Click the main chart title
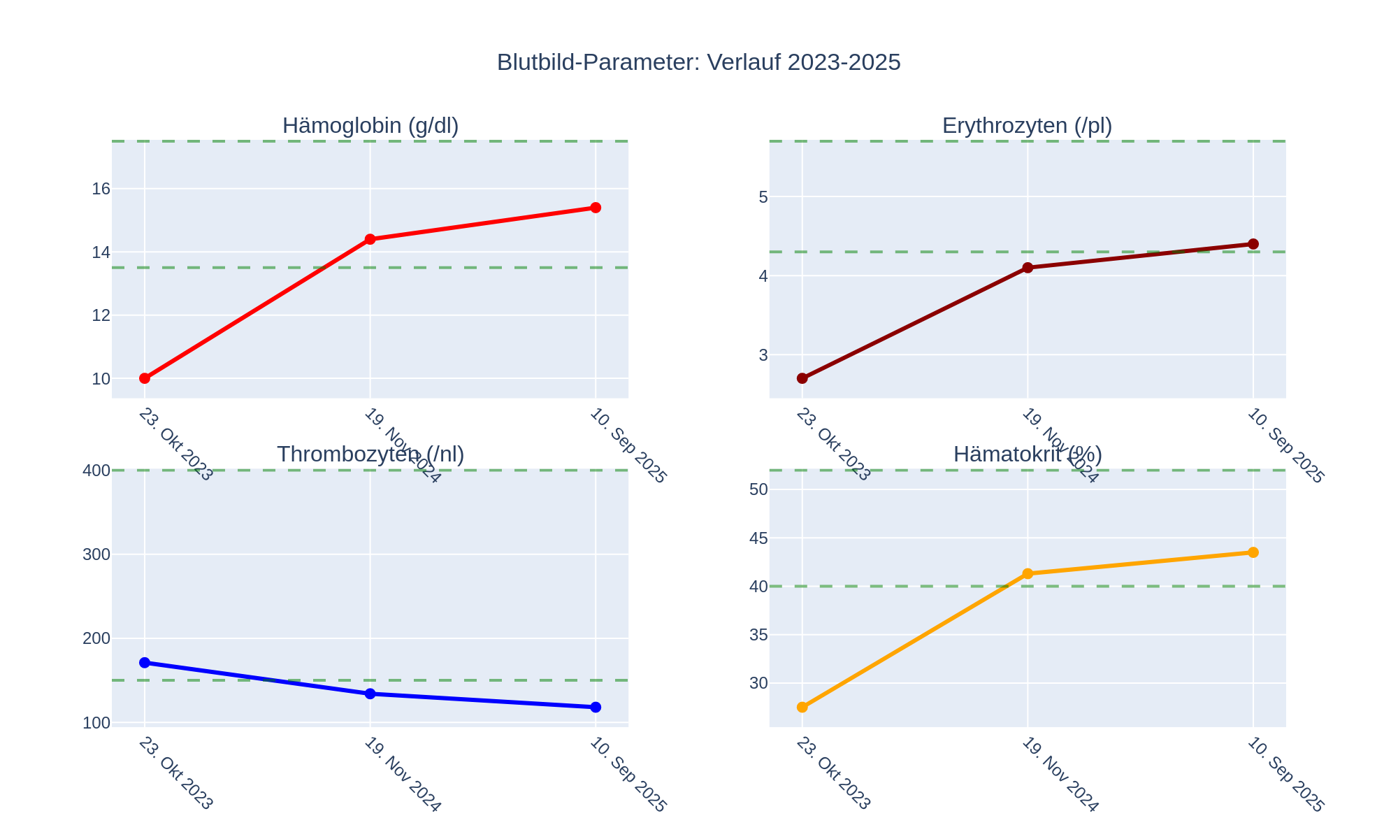(698, 63)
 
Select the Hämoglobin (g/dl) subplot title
(370, 126)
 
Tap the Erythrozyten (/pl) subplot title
(1027, 126)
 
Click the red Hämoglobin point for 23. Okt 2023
(145, 378)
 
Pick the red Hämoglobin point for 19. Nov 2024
(370, 239)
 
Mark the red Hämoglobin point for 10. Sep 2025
(596, 208)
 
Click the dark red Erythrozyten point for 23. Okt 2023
(802, 378)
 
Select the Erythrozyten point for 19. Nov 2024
(1028, 268)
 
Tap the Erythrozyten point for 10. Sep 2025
(1253, 244)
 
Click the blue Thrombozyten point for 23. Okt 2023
(145, 663)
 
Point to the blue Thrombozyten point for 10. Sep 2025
(596, 708)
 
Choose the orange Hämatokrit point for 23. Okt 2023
(802, 708)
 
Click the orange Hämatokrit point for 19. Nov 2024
(1028, 574)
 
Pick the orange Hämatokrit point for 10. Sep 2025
(1253, 552)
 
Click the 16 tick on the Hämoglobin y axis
(101, 189)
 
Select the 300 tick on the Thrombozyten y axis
(96, 555)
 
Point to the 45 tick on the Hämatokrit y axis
(758, 538)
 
